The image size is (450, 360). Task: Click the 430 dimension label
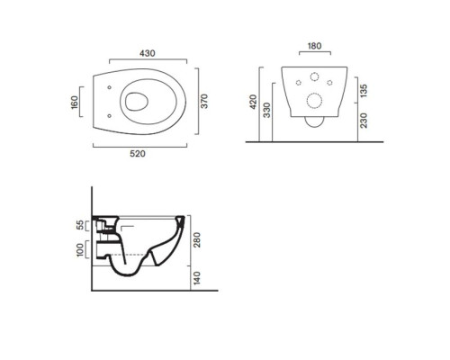coord(148,53)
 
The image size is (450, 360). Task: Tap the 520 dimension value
coord(138,154)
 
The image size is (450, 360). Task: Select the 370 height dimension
coord(204,102)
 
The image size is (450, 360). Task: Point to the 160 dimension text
coord(75,103)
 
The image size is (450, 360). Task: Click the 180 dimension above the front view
coord(314,46)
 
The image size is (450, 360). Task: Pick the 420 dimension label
coord(254,102)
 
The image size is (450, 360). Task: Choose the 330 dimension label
coord(266,110)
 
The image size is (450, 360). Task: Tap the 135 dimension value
coord(364,91)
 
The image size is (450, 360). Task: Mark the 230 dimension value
coord(364,121)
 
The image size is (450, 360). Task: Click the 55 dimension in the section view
coord(80,225)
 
